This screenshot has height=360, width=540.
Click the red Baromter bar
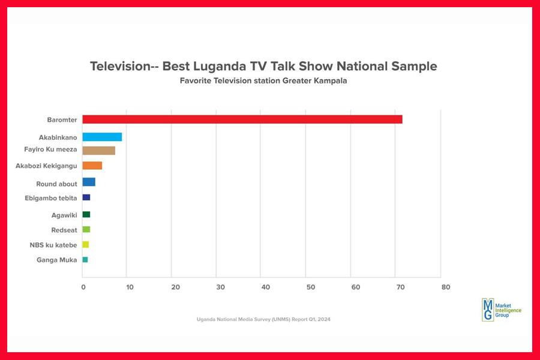tap(242, 119)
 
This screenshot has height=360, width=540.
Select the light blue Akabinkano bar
tap(102, 137)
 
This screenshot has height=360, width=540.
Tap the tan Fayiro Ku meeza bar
tap(98, 151)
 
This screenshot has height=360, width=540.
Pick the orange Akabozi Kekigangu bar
tap(92, 166)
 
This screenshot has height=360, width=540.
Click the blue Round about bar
tap(89, 182)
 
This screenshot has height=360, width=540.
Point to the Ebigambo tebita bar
tap(86, 197)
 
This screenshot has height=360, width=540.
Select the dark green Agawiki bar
tap(86, 214)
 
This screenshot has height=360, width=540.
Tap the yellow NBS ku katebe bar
tap(86, 244)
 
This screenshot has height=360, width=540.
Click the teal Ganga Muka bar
tap(85, 259)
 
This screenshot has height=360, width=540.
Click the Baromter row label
tap(62, 119)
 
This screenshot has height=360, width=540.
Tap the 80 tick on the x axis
tap(445, 287)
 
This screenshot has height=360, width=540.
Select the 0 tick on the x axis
tap(83, 287)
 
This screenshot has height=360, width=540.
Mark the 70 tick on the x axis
tap(400, 287)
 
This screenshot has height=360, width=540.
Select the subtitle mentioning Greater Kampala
tap(263, 80)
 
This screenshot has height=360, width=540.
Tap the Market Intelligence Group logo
tap(502, 309)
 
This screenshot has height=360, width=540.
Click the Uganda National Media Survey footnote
tap(263, 319)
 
